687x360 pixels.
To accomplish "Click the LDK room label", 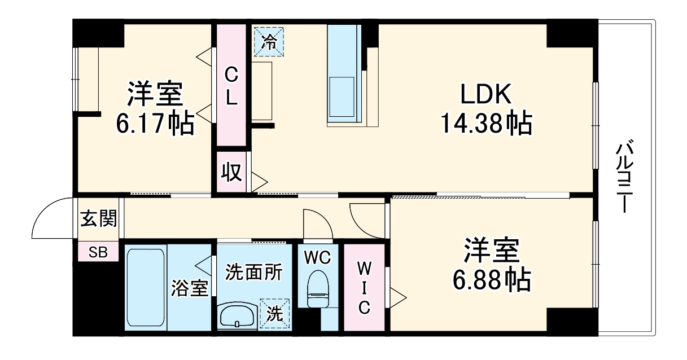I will pos(485,95).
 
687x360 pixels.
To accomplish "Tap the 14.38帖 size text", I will pos(485,124).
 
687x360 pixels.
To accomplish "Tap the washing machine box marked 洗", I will pos(274,313).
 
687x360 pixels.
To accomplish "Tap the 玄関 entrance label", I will pos(98,219).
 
